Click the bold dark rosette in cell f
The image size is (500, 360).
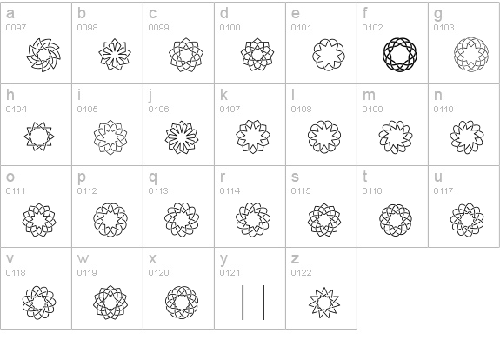[x=384, y=55]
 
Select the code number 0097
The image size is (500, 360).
[x=16, y=28]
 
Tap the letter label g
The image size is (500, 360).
[x=438, y=14]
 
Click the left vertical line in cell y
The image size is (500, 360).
[x=243, y=303]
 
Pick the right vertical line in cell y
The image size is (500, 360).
[x=263, y=303]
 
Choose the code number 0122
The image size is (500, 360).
[x=302, y=273]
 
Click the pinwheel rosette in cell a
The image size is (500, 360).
[x=29, y=55]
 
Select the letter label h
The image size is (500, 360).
[x=10, y=95]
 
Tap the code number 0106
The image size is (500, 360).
[x=158, y=109]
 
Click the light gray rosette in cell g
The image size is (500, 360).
[x=456, y=55]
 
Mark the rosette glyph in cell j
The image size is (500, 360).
[x=167, y=137]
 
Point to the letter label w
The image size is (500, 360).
[x=83, y=258]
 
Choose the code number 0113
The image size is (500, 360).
[x=158, y=190]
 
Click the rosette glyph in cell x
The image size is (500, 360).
[x=167, y=303]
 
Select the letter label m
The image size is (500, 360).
[x=369, y=95]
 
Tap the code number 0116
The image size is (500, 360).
[x=372, y=190]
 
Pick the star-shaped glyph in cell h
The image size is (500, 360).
[x=26, y=137]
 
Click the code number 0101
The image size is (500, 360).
[x=302, y=28]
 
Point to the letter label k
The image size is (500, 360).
[x=223, y=95]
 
